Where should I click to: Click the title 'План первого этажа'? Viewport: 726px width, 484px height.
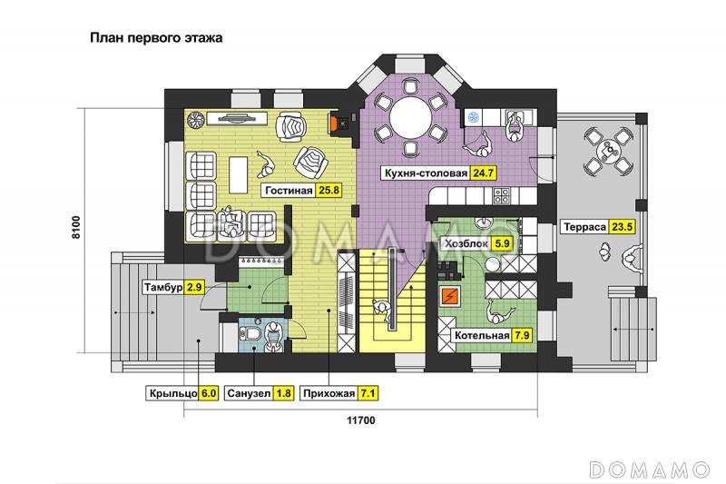(x=156, y=37)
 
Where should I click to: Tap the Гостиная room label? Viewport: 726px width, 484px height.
(x=289, y=191)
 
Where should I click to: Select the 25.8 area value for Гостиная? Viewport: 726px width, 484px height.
(x=329, y=190)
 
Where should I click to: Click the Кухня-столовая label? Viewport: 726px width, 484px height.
(x=426, y=173)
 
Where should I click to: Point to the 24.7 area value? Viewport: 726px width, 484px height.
(x=484, y=173)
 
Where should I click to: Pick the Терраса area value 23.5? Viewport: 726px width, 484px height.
(x=623, y=227)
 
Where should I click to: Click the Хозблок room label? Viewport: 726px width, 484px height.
(x=466, y=243)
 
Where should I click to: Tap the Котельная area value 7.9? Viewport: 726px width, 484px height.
(x=521, y=335)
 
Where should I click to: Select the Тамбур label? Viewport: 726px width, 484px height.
(x=163, y=287)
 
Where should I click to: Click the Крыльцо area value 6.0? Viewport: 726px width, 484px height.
(x=209, y=393)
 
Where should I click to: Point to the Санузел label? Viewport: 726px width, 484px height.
(x=249, y=394)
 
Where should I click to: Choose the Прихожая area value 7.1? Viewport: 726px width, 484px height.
(x=368, y=393)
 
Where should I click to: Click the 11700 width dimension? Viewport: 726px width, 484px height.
(x=361, y=420)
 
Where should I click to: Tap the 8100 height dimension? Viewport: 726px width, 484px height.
(x=76, y=227)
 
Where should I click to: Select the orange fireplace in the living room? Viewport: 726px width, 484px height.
(x=333, y=123)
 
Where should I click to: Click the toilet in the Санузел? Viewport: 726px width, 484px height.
(x=250, y=333)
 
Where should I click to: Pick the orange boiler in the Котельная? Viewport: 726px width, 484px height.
(x=449, y=296)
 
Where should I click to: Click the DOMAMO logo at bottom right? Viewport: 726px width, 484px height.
(x=650, y=469)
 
